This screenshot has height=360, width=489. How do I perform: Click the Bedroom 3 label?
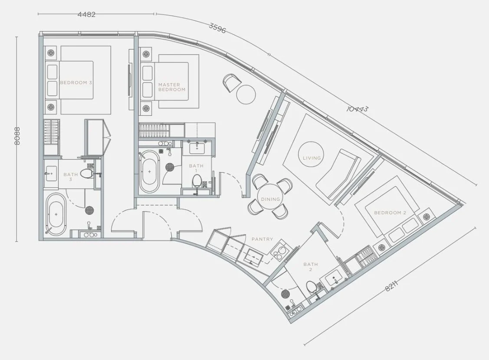(x=76, y=82)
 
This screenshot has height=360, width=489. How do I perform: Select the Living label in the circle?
(x=312, y=158)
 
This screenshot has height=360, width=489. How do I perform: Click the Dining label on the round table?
(x=271, y=199)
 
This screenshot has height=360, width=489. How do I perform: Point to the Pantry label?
(x=262, y=239)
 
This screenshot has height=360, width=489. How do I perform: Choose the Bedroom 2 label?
(x=390, y=213)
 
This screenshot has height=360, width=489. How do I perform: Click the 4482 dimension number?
(x=86, y=14)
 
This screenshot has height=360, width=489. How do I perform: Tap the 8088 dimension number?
(x=17, y=136)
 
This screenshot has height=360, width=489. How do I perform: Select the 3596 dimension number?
(x=217, y=28)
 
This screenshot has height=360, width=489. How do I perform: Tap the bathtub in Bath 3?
(x=56, y=214)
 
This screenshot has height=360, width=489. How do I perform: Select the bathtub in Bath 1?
(x=149, y=171)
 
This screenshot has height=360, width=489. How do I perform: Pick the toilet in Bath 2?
(x=311, y=286)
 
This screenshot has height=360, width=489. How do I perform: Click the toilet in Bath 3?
(x=87, y=173)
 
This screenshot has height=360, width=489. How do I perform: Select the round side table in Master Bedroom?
(x=246, y=94)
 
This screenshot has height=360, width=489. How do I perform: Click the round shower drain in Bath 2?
(x=286, y=294)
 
